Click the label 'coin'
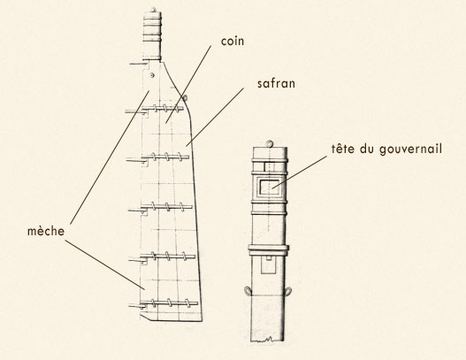pyautogui.click(x=233, y=42)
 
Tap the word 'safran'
pyautogui.click(x=276, y=83)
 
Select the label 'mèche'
pyautogui.click(x=46, y=231)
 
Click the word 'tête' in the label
pyautogui.click(x=343, y=149)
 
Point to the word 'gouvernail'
pyautogui.click(x=410, y=149)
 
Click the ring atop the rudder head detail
pyautogui.click(x=270, y=144)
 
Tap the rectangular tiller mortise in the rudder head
pyautogui.click(x=270, y=187)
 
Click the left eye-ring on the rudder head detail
pyautogui.click(x=248, y=291)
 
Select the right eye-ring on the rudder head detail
pyautogui.click(x=288, y=291)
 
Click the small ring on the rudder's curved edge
pyautogui.click(x=185, y=97)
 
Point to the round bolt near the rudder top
pyautogui.click(x=152, y=75)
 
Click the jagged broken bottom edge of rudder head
pyautogui.click(x=267, y=339)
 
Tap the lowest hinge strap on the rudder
pyautogui.click(x=164, y=303)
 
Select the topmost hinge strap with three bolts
pyautogui.click(x=155, y=110)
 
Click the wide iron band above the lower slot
pyautogui.click(x=269, y=250)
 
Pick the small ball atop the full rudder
pyautogui.click(x=153, y=10)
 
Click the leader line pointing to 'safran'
pyautogui.click(x=215, y=117)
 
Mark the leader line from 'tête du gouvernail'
pyautogui.click(x=299, y=172)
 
